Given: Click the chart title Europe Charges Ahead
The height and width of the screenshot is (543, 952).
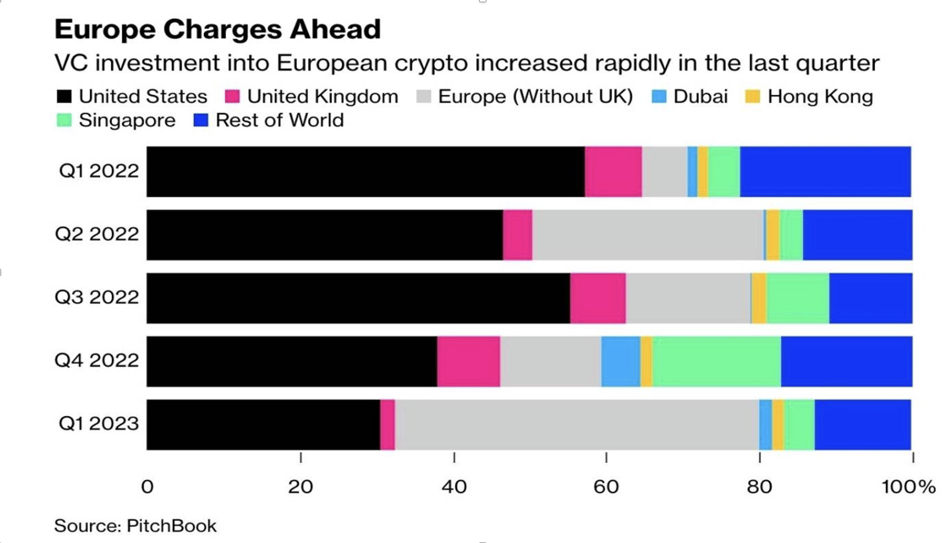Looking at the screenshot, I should coord(217,29).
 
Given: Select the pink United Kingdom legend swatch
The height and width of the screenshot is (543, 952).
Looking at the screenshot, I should coord(232,96).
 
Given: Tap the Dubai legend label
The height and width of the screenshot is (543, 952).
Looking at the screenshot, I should coord(700,96).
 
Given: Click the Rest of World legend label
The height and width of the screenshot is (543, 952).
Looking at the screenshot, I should coord(279,120).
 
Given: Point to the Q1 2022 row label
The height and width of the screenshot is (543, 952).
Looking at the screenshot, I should coord(99,171).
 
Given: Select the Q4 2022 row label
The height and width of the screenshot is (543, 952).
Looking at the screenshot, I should coord(97,361).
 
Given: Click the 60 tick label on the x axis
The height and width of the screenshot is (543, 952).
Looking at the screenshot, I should coord(606,487).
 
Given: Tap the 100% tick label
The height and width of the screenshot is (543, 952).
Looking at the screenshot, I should coord(908,487).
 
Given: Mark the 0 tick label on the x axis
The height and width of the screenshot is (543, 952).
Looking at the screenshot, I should coord(147,487).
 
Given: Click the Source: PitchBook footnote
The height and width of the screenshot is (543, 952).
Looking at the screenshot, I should coord(135,526).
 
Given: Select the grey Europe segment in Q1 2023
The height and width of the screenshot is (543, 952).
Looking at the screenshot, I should coord(576,424).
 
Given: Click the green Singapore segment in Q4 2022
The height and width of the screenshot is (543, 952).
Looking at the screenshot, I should coord(716,361).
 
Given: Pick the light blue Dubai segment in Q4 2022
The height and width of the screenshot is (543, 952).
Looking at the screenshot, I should coord(620,361).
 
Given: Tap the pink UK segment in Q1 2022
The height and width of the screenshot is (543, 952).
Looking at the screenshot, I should coord(613,171).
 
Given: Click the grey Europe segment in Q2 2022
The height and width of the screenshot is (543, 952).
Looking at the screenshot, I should coord(648,235).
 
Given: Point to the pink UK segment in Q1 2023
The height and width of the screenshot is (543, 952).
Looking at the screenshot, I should coord(387,424).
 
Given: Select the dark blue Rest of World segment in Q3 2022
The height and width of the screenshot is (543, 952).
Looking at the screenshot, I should coord(871,298).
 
